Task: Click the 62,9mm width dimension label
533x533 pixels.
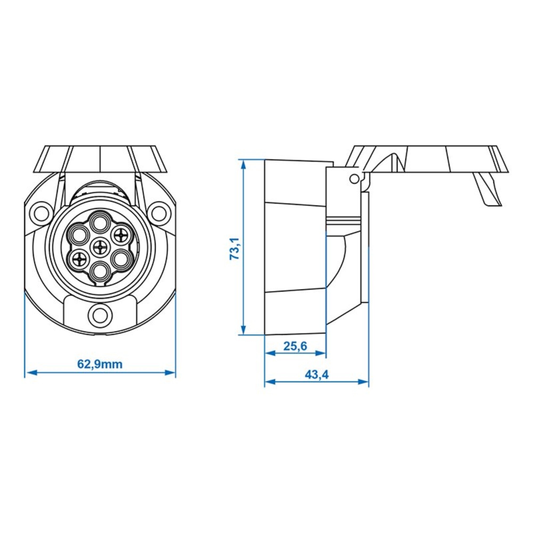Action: pyautogui.click(x=100, y=364)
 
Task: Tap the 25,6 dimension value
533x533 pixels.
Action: pyautogui.click(x=295, y=346)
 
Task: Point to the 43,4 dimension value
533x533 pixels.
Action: pyautogui.click(x=316, y=374)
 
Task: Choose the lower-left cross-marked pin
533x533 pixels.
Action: pyautogui.click(x=79, y=260)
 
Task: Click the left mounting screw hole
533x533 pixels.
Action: pyautogui.click(x=41, y=212)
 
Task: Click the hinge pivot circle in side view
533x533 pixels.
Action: pyautogui.click(x=354, y=179)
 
